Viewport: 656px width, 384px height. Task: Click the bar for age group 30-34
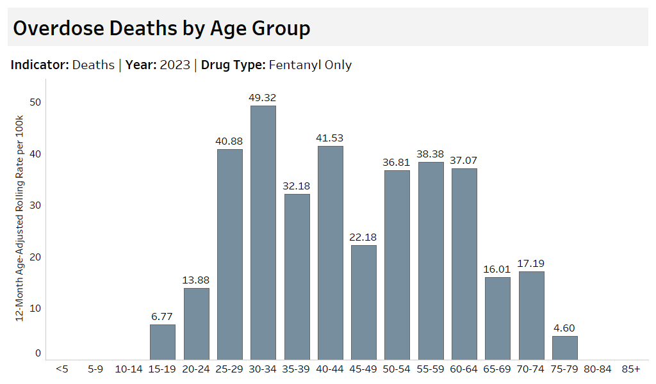(x=263, y=232)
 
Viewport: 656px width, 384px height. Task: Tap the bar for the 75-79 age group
(x=565, y=348)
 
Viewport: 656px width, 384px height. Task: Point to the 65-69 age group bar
(x=498, y=318)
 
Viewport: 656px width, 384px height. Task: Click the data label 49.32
(x=263, y=98)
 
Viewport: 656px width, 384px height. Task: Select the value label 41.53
(x=331, y=138)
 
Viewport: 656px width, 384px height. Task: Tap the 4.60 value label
(x=565, y=328)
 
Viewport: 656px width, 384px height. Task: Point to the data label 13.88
(x=196, y=280)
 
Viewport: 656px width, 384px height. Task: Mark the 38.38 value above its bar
(x=431, y=154)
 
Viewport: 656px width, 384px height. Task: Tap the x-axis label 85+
(x=631, y=369)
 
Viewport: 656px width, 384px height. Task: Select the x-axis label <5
(x=62, y=369)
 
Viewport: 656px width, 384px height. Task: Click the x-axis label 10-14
(x=129, y=369)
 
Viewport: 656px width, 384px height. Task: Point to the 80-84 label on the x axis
(x=598, y=369)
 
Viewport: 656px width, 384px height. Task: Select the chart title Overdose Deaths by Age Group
(x=161, y=28)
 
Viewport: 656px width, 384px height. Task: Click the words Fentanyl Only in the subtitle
(x=310, y=65)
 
